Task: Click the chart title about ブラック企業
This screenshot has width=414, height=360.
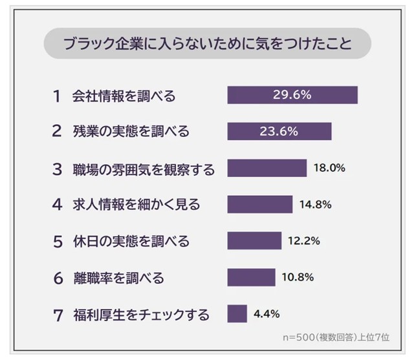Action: [x=207, y=46]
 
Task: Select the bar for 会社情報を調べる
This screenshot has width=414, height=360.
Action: [x=292, y=95]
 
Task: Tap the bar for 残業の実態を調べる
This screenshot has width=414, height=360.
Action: [x=279, y=131]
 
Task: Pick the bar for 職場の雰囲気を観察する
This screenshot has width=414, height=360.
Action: [x=267, y=168]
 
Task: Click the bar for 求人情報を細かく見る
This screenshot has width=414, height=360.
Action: [x=260, y=205]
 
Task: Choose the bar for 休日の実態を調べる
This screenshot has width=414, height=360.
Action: [x=254, y=241]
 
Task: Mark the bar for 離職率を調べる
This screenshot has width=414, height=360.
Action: [x=251, y=278]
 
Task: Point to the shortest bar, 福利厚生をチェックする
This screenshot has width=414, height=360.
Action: [x=237, y=315]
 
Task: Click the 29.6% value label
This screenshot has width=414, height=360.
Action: [x=292, y=95]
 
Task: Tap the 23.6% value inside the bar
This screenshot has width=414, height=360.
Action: [x=279, y=131]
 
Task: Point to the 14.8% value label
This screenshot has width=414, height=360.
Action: [x=316, y=205]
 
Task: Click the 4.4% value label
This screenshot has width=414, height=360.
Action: [x=267, y=315]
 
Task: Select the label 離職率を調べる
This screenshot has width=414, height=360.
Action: [x=118, y=279]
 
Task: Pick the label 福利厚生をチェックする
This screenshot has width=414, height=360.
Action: [x=140, y=315]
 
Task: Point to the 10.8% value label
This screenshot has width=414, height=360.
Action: [x=298, y=278]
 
